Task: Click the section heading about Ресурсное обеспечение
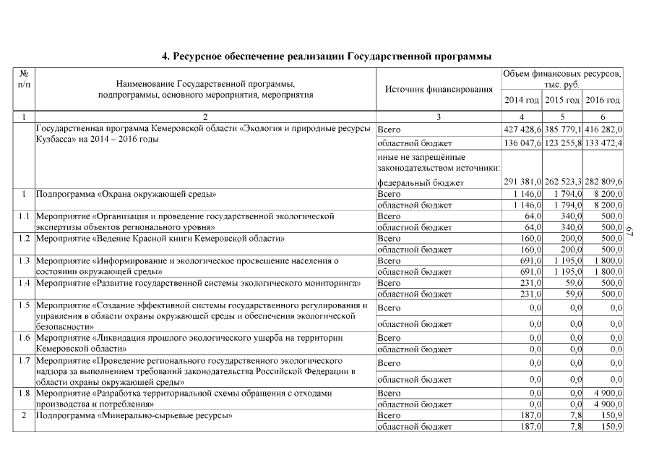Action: (327, 56)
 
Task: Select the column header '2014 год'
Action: (522, 100)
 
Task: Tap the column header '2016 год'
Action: (603, 100)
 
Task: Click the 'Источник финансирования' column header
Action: (439, 90)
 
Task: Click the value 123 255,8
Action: (563, 143)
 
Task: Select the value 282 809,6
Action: (603, 182)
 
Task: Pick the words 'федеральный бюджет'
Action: (421, 182)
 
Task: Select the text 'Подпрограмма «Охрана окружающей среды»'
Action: (126, 194)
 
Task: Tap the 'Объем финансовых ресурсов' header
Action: (562, 80)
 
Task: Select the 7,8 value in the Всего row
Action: (573, 416)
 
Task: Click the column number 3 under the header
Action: (439, 116)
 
